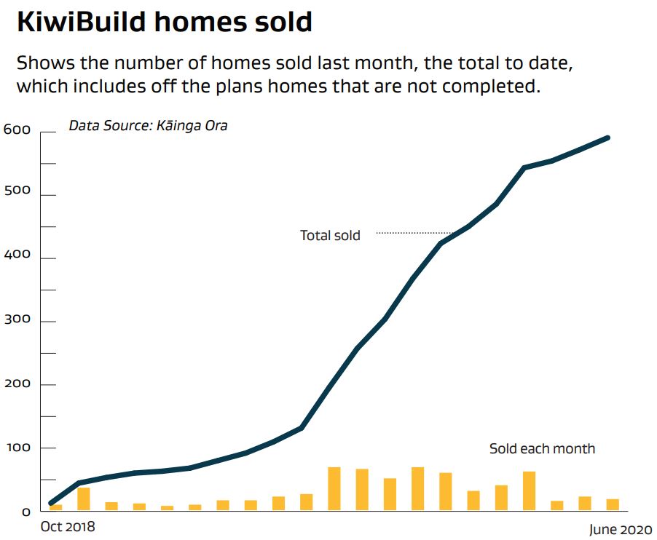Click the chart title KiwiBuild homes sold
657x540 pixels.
164,22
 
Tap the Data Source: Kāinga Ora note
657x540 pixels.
148,126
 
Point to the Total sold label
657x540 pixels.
330,235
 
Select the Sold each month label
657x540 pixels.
542,448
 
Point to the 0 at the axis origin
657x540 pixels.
26,512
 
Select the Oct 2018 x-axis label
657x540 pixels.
68,525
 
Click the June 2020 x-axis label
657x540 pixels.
621,529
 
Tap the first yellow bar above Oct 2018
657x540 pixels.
56,507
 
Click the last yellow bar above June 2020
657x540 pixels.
613,504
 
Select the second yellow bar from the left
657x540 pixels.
84,499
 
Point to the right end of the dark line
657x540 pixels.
607,138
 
